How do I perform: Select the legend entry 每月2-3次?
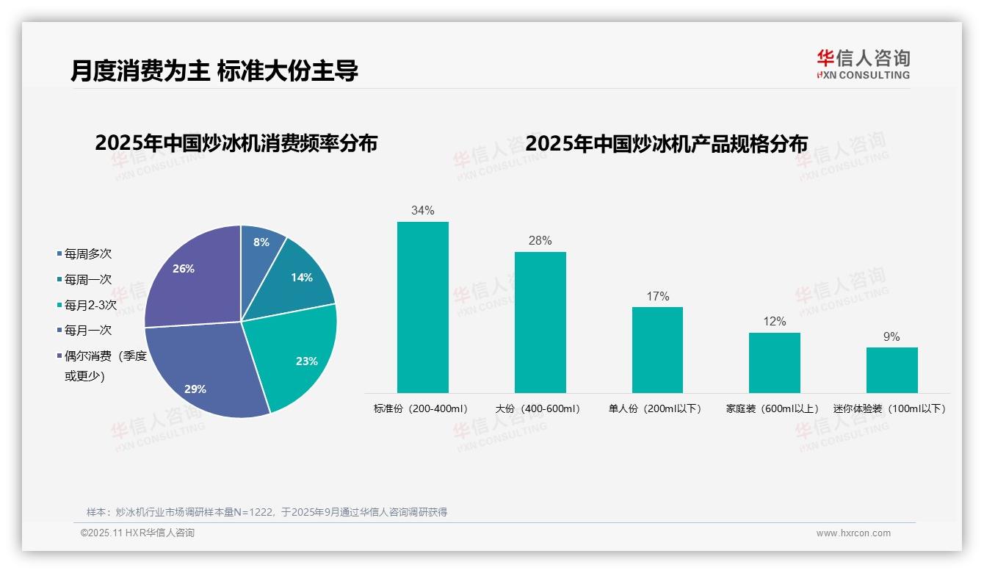coord(90,305)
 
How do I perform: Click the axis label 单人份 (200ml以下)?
coord(655,408)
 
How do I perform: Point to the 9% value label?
coord(891,337)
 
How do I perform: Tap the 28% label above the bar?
coord(540,241)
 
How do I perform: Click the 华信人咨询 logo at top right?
coord(864,64)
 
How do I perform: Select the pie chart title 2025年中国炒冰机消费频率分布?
coord(236,143)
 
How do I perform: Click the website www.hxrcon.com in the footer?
coord(853,533)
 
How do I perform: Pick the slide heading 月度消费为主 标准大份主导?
coord(214,71)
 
